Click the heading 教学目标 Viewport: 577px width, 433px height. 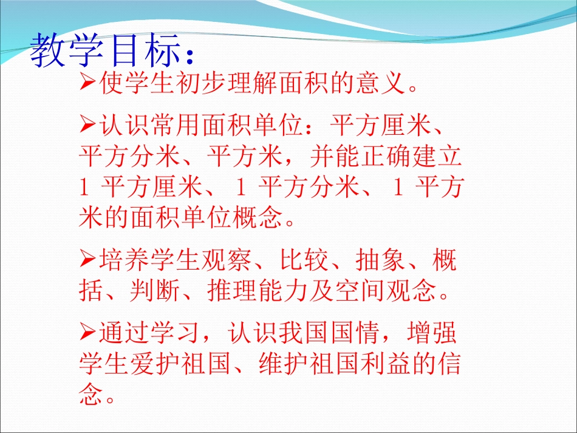click(x=106, y=49)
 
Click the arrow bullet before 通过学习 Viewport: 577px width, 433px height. click(x=86, y=333)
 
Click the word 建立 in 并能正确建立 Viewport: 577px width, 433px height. click(x=437, y=158)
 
